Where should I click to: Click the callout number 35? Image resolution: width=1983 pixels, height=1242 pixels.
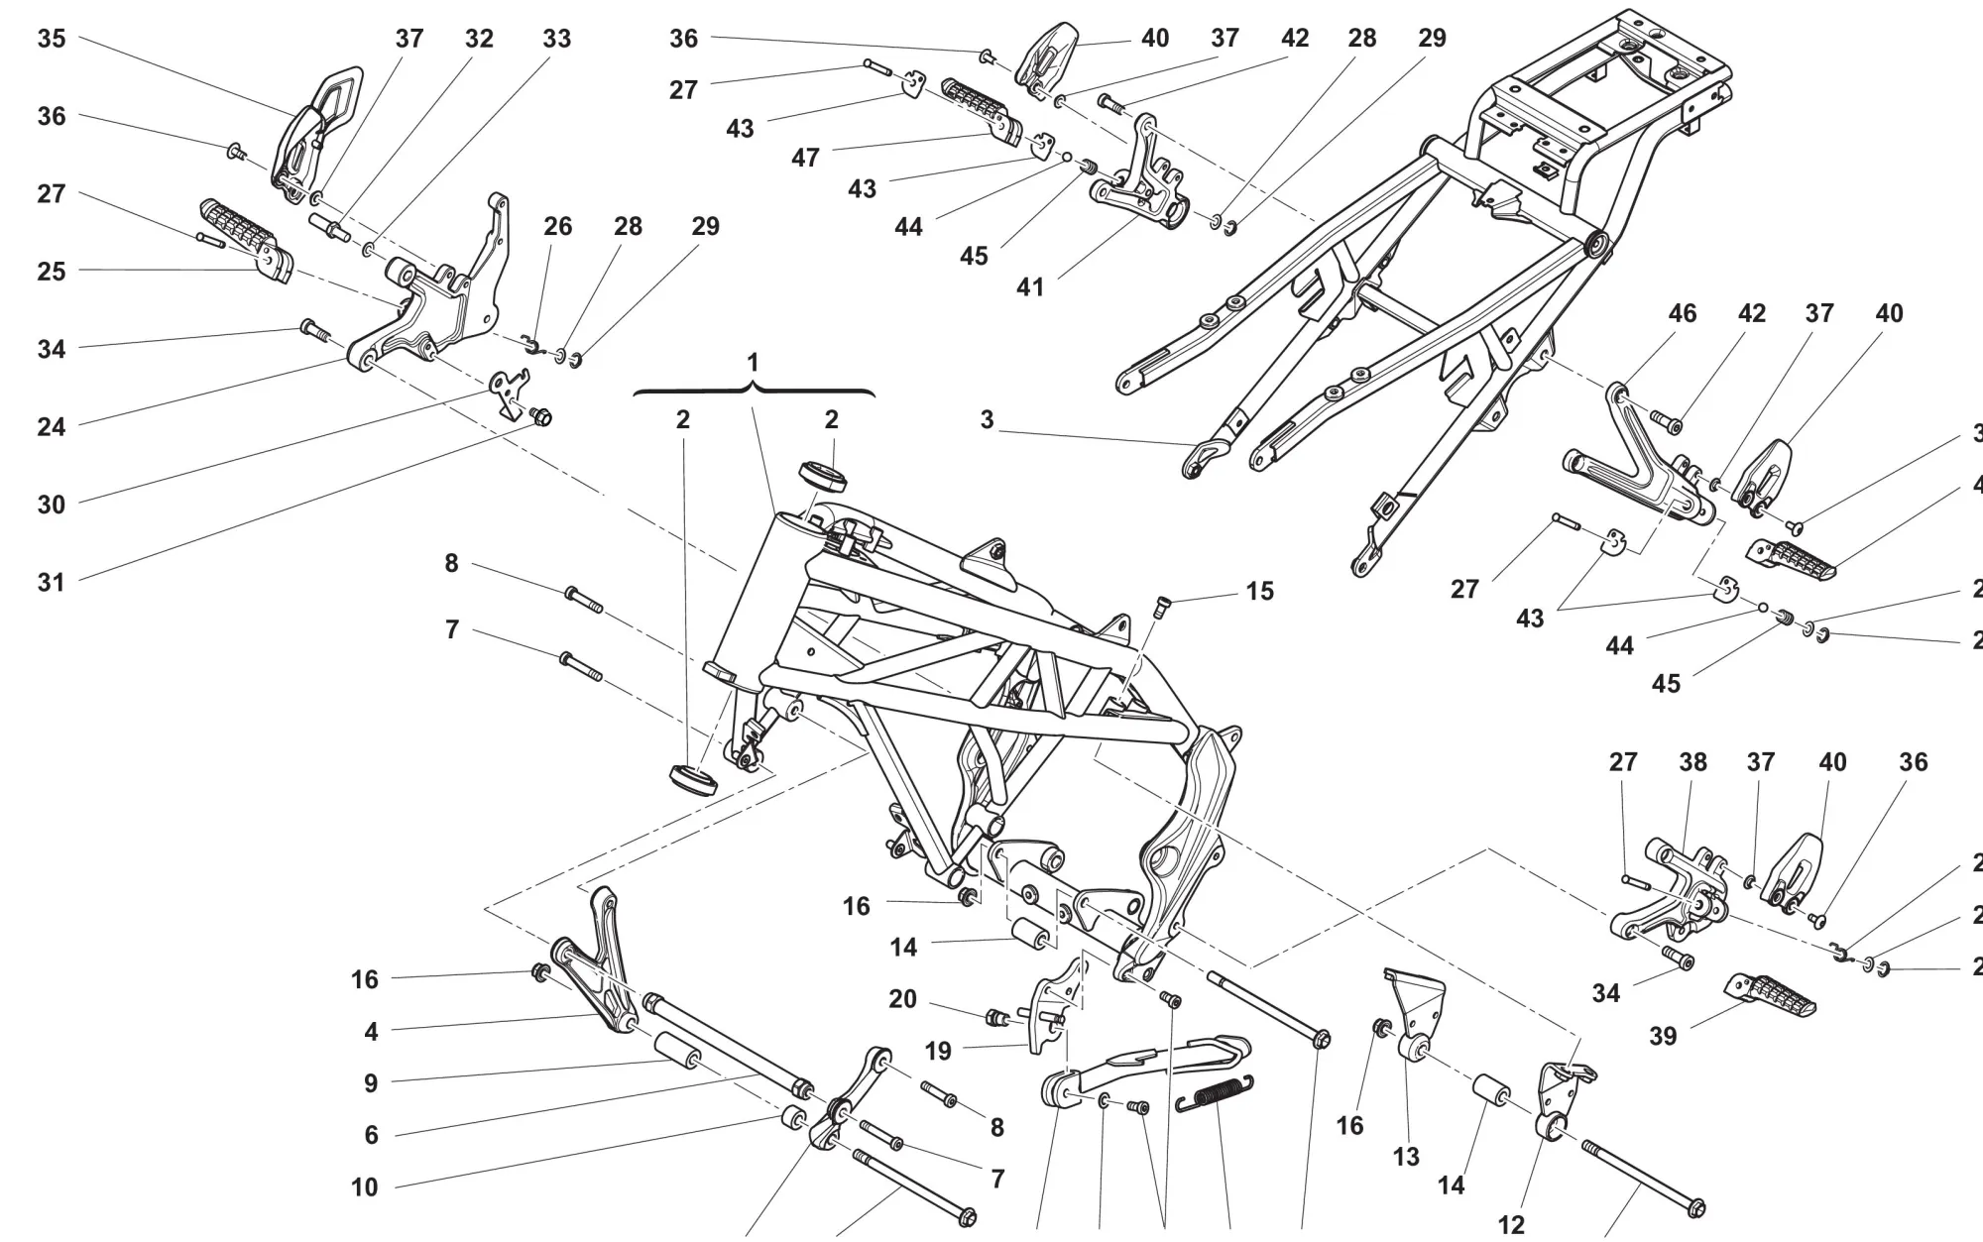52,39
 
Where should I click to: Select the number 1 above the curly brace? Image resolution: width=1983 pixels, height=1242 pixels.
753,363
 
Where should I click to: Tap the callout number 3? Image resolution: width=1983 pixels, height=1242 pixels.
987,420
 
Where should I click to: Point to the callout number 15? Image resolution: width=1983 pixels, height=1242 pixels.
1259,592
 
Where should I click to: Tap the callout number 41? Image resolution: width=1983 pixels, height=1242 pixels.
1030,287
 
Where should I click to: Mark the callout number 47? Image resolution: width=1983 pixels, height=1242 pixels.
805,158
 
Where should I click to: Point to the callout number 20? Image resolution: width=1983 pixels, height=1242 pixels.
902,999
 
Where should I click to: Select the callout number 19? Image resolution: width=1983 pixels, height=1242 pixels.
938,1051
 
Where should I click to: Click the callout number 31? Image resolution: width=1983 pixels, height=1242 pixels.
52,583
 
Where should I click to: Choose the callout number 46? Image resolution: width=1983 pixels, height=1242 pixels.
1683,314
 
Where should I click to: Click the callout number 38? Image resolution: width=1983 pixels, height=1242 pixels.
1692,762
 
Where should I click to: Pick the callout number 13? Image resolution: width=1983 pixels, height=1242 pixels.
1406,1157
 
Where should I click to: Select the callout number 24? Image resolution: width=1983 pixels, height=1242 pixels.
52,427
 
